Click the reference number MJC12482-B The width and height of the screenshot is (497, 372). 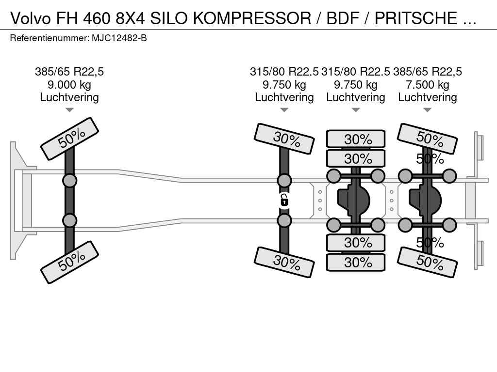(x=119, y=38)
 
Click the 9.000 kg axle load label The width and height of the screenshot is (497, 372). (x=69, y=85)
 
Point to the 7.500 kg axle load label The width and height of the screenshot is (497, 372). (x=428, y=85)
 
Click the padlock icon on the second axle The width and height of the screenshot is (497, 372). (x=284, y=200)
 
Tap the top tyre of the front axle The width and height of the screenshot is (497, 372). (x=70, y=139)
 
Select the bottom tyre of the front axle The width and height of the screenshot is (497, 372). (x=70, y=262)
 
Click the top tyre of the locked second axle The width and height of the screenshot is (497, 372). (x=284, y=139)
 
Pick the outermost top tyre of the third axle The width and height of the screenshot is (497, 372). (x=356, y=139)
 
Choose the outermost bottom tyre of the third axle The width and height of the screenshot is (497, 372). (x=356, y=263)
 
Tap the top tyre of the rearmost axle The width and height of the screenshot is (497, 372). (x=428, y=139)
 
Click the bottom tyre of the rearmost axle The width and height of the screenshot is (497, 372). (x=428, y=262)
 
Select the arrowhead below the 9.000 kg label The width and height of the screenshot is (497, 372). (x=69, y=110)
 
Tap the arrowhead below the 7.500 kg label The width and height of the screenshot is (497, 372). (x=428, y=110)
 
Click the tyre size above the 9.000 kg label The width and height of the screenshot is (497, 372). (x=69, y=72)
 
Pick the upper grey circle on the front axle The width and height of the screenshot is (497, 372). (x=70, y=181)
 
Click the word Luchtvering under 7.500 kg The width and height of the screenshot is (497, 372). (x=428, y=97)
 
